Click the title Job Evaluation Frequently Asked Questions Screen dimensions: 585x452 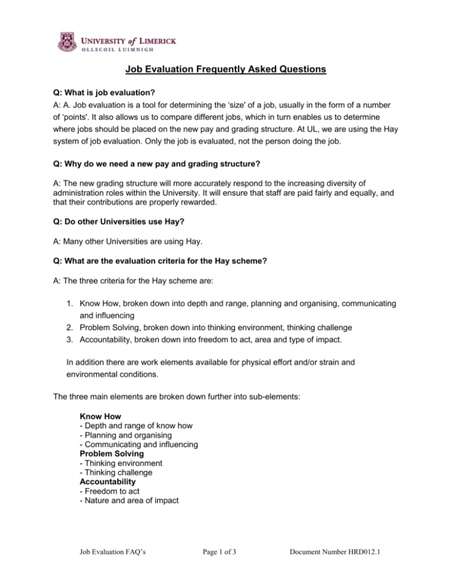click(225, 71)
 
